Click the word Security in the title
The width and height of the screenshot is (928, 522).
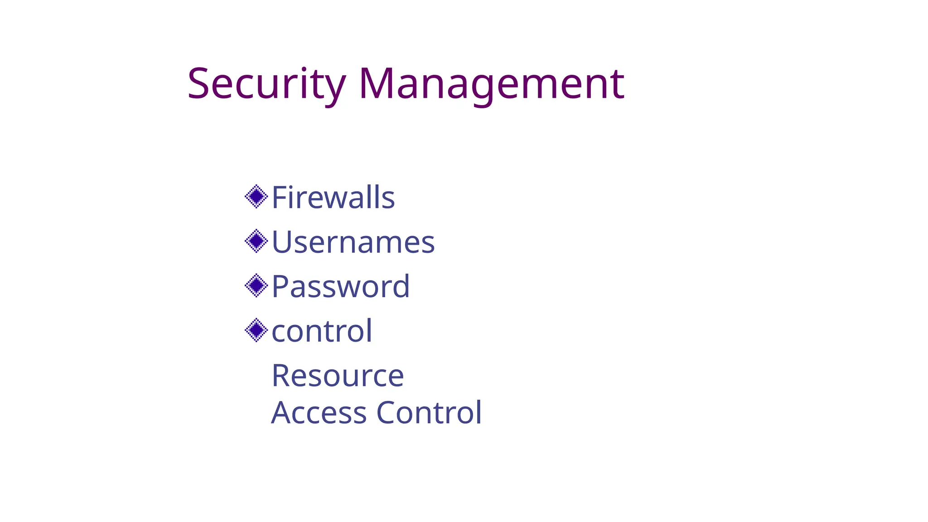266,84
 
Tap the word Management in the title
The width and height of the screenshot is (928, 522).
491,84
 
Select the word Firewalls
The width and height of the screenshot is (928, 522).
333,198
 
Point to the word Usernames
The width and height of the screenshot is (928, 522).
353,242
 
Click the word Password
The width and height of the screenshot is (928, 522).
340,286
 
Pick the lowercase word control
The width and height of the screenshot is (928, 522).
322,331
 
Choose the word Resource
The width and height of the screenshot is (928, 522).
338,376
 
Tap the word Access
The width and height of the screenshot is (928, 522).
319,413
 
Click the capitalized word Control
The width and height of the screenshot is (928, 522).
429,413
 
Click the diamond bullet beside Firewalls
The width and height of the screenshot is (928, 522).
256,197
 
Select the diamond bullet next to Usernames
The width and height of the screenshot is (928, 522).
256,241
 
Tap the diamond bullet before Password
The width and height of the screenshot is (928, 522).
256,285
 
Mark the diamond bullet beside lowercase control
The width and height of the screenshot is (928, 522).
256,330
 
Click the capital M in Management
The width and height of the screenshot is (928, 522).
376,84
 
